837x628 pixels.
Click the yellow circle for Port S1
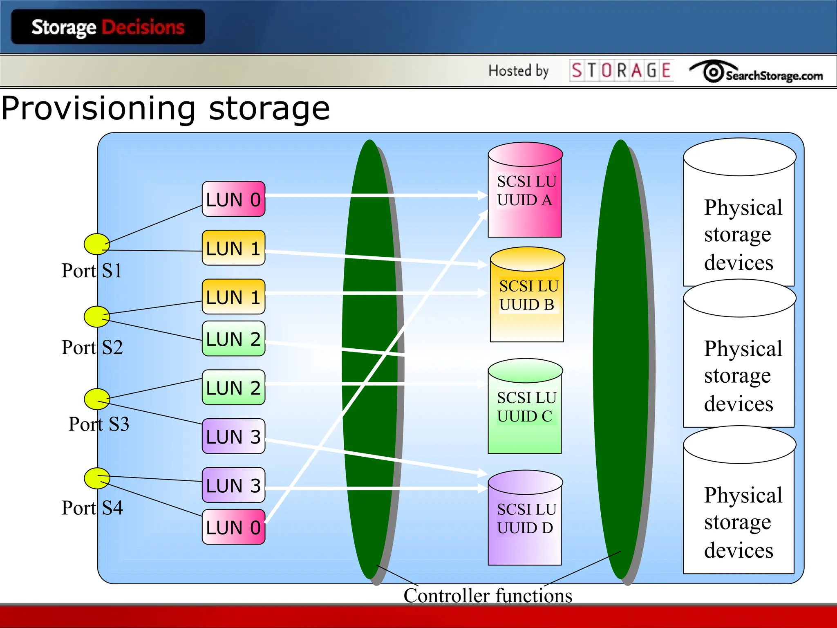[x=96, y=244]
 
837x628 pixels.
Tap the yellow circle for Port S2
[x=96, y=316]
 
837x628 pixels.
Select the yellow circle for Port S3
[x=97, y=399]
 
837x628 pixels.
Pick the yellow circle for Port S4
[x=97, y=478]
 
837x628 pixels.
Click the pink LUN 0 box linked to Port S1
[x=233, y=199]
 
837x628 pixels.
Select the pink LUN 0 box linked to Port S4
[x=233, y=527]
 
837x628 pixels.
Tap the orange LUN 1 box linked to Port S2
[x=233, y=297]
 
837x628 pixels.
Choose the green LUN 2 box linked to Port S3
[x=233, y=388]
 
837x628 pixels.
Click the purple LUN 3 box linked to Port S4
[x=233, y=485]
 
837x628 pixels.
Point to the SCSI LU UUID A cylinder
[x=525, y=191]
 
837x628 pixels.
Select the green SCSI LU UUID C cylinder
[x=525, y=407]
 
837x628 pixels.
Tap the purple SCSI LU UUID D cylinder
[x=525, y=518]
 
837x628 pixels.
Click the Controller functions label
[x=488, y=595]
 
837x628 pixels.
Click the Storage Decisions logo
[x=108, y=27]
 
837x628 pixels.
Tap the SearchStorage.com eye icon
[x=713, y=72]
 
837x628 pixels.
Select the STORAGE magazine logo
[x=621, y=71]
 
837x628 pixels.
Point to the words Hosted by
[x=518, y=71]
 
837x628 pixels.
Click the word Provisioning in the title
[x=98, y=108]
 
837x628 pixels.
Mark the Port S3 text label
[x=98, y=424]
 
